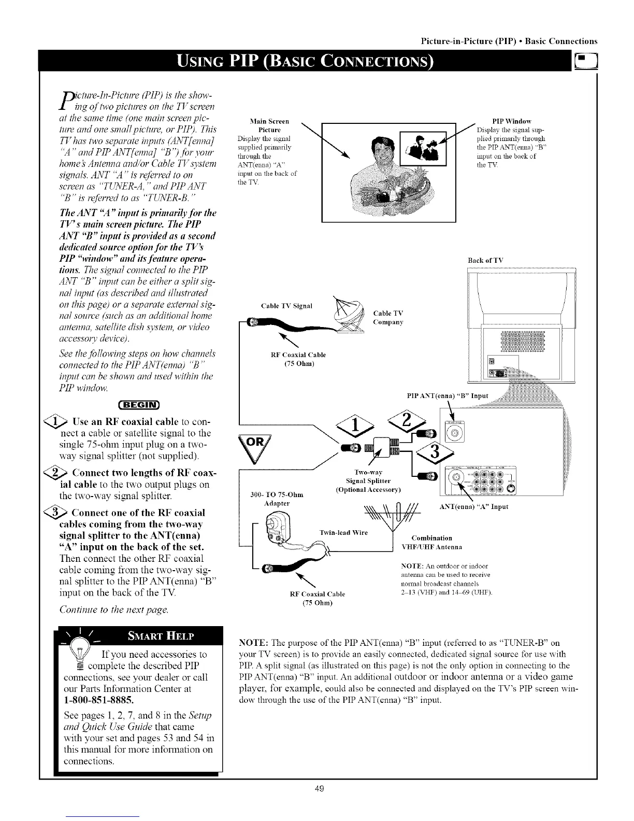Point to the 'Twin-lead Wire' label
[343, 533]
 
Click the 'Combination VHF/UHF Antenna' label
[431, 543]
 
